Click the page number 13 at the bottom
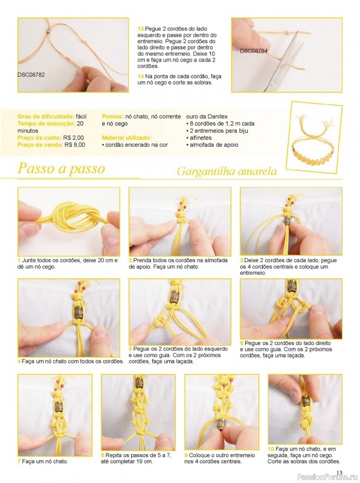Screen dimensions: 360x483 coord(339,473)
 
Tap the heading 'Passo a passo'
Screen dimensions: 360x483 coord(62,168)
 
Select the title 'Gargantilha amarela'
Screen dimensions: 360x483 coord(227,171)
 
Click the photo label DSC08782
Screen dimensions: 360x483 coord(31,74)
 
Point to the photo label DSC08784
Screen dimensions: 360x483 coord(253,51)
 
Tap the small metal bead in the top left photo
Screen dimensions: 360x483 coord(48,31)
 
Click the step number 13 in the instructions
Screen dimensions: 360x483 coord(141,28)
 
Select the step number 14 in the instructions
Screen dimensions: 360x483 coord(141,76)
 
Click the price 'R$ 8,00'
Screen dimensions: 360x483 coord(75,144)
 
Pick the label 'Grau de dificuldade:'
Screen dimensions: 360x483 coord(46,117)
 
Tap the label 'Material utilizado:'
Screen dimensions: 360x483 coord(127,138)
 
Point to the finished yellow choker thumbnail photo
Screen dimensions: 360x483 coord(313,137)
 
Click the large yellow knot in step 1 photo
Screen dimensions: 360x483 coord(69,219)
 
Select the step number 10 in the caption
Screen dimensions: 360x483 coord(271,449)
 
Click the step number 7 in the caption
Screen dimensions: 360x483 coord(19,461)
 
